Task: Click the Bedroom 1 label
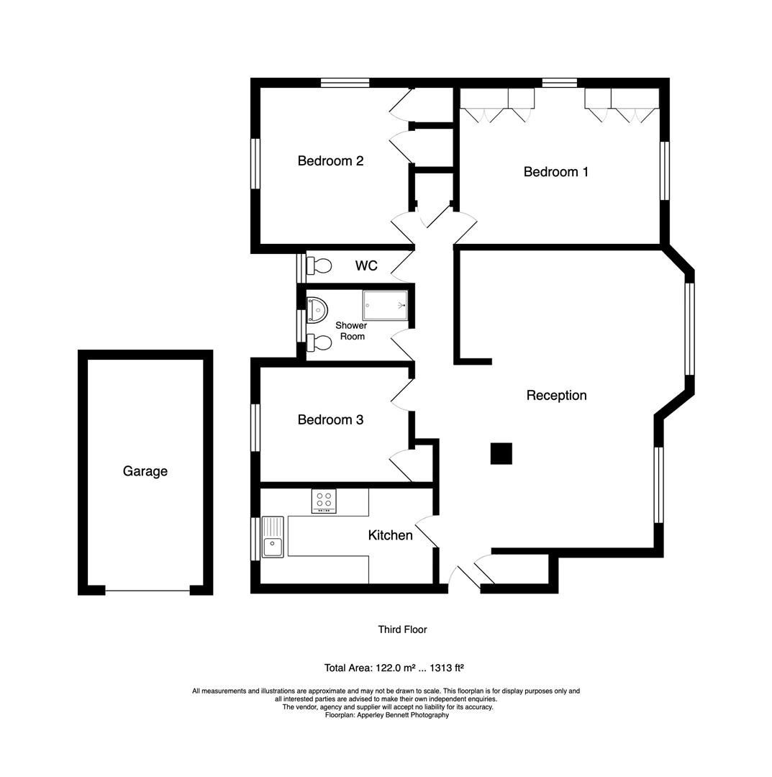555,172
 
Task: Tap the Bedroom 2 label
330,161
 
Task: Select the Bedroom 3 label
330,420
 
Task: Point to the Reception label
556,396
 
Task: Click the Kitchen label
390,535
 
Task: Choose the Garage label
145,472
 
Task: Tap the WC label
365,266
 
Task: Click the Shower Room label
351,331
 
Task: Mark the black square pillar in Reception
501,453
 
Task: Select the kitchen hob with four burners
324,501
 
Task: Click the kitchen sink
273,537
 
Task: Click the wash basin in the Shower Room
316,309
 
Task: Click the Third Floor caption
402,630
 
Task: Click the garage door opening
147,591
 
